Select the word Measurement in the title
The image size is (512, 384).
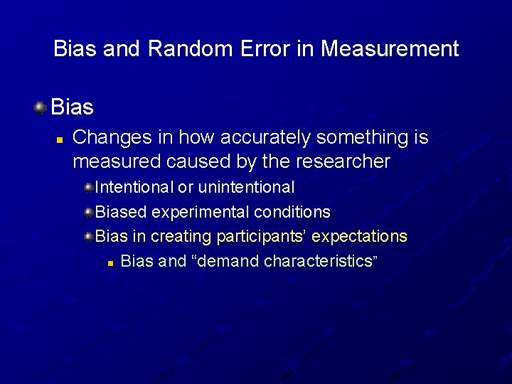click(389, 49)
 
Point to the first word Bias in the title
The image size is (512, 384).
click(75, 49)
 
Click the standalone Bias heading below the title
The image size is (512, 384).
click(73, 107)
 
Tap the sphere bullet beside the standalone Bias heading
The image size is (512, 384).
click(41, 107)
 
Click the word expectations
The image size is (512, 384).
click(360, 236)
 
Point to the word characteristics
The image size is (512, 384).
click(318, 261)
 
